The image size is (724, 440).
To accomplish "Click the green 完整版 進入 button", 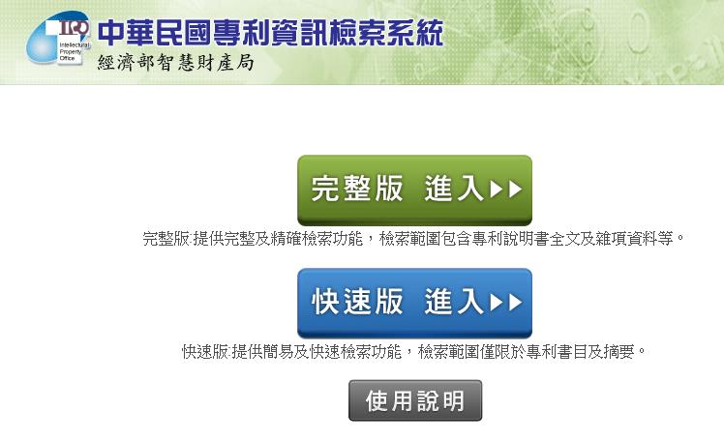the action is [414, 190].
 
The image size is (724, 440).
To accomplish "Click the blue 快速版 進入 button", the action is [414, 303].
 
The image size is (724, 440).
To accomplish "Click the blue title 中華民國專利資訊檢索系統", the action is [271, 33].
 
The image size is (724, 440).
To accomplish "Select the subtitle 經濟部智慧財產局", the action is [175, 62].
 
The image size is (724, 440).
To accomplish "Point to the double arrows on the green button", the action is [506, 189].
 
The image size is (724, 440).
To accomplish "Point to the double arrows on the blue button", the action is [506, 302].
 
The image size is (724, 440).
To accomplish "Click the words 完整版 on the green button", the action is [357, 189].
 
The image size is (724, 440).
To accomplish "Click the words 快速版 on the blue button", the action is [357, 302].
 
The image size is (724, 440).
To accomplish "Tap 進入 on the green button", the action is [453, 189].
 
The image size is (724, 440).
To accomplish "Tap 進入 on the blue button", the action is [453, 302].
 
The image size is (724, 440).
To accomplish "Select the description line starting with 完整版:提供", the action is [413, 239].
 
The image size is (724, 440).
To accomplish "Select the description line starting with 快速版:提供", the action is [413, 352].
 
